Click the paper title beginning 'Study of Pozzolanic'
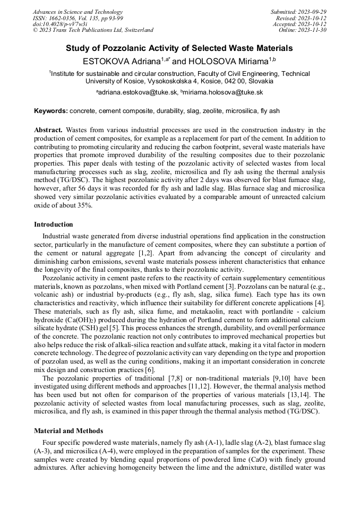[x=179, y=48]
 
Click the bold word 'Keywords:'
[x=51, y=111]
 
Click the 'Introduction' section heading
[x=54, y=225]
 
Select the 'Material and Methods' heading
[x=68, y=430]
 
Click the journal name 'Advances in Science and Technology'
[x=78, y=12]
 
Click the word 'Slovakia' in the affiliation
[x=260, y=81]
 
